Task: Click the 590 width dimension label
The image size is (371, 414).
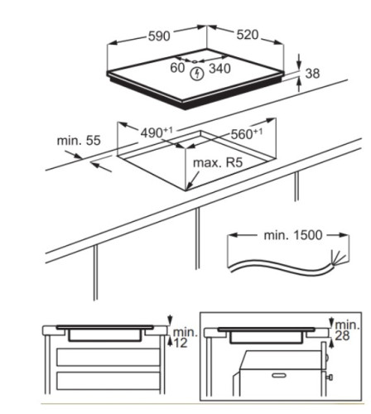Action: click(159, 36)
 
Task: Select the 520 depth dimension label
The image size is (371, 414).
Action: click(248, 35)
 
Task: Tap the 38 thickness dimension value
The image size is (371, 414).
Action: click(312, 74)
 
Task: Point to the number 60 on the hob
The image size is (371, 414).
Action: click(177, 68)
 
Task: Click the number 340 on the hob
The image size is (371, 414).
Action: click(219, 69)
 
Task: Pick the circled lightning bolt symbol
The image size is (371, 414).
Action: click(197, 74)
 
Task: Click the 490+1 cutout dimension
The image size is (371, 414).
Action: click(157, 132)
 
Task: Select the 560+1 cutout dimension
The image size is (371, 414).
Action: click(246, 134)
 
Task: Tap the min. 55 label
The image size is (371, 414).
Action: click(79, 141)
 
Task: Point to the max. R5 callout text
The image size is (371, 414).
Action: click(218, 163)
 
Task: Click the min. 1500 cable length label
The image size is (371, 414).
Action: click(293, 235)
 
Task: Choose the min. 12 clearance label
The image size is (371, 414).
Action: click(183, 338)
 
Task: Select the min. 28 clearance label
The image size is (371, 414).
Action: click(347, 330)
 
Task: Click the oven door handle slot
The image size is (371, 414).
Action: click(280, 375)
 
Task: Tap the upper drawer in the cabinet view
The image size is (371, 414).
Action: click(108, 357)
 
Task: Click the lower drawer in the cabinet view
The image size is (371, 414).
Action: click(108, 381)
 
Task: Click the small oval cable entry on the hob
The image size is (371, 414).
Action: click(195, 62)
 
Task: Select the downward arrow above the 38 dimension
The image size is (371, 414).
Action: click(299, 61)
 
